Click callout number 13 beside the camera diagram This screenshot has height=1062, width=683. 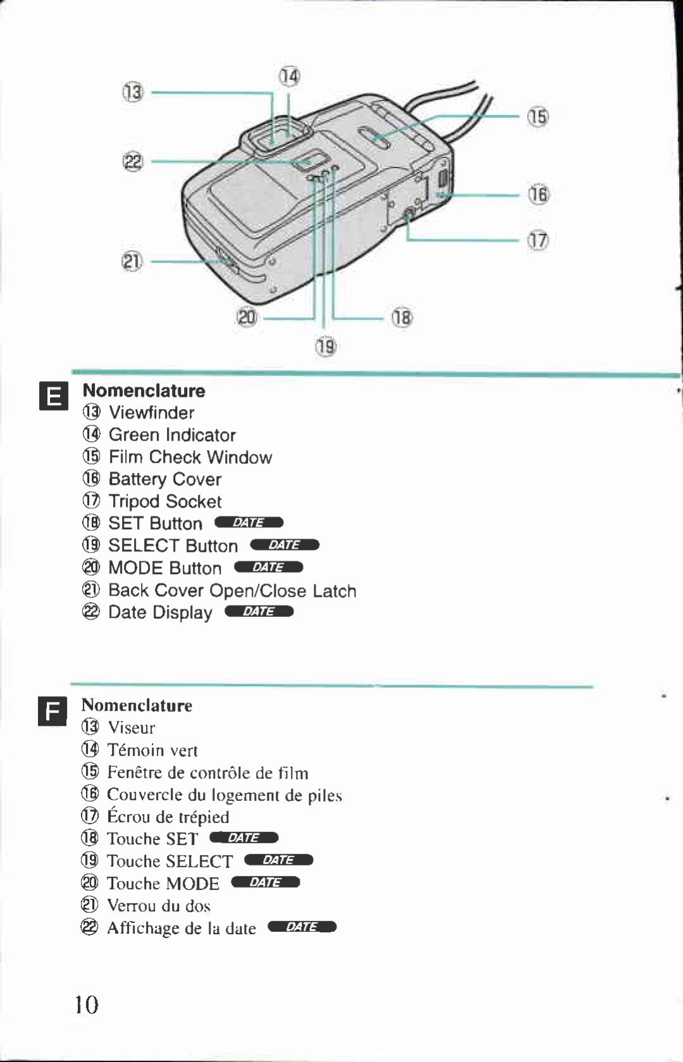click(133, 93)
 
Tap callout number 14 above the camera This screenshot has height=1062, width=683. click(289, 76)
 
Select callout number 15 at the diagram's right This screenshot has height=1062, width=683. click(538, 117)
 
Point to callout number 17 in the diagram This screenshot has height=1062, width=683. click(538, 241)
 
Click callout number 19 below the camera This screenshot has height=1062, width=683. click(326, 346)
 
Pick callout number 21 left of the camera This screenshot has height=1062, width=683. click(132, 261)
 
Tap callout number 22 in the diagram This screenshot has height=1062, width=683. click(133, 162)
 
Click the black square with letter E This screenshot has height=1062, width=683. click(53, 396)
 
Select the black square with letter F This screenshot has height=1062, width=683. click(52, 712)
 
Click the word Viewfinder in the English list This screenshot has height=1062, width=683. click(151, 413)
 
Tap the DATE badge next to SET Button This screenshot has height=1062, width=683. click(249, 523)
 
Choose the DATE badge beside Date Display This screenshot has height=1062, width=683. click(259, 611)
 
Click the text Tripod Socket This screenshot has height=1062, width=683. click(165, 501)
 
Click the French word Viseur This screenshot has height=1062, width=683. click(131, 728)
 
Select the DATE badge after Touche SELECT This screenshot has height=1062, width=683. click(279, 860)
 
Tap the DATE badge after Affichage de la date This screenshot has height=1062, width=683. click(302, 927)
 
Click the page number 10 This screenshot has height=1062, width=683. click(87, 1004)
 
